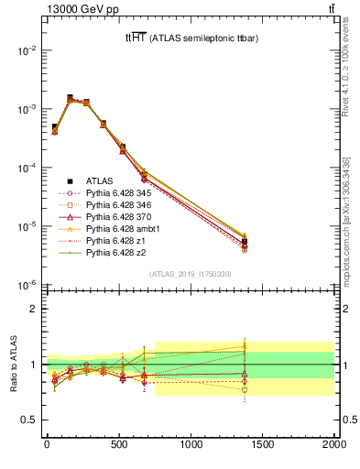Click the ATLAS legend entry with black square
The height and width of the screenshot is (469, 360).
pos(100,180)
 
